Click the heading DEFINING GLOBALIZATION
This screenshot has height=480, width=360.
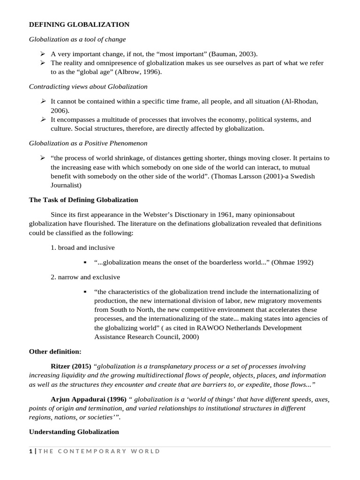tap(79, 24)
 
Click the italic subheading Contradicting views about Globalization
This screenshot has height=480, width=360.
tap(88, 87)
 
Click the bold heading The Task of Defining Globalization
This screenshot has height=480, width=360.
tap(83, 200)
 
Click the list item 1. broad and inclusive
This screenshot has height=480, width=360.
tap(82, 247)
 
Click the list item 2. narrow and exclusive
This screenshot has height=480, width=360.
tap(85, 277)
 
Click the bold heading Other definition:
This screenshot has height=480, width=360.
tap(55, 351)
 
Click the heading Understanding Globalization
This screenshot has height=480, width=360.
tap(74, 432)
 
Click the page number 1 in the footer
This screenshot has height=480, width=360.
tap(30, 451)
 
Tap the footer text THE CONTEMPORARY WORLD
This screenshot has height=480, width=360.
tap(99, 451)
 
